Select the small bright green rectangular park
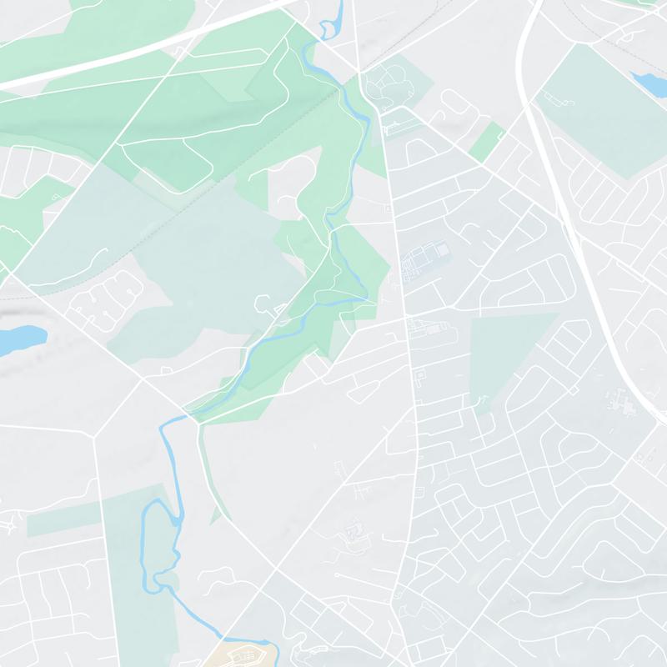488,142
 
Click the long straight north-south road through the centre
409,333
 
